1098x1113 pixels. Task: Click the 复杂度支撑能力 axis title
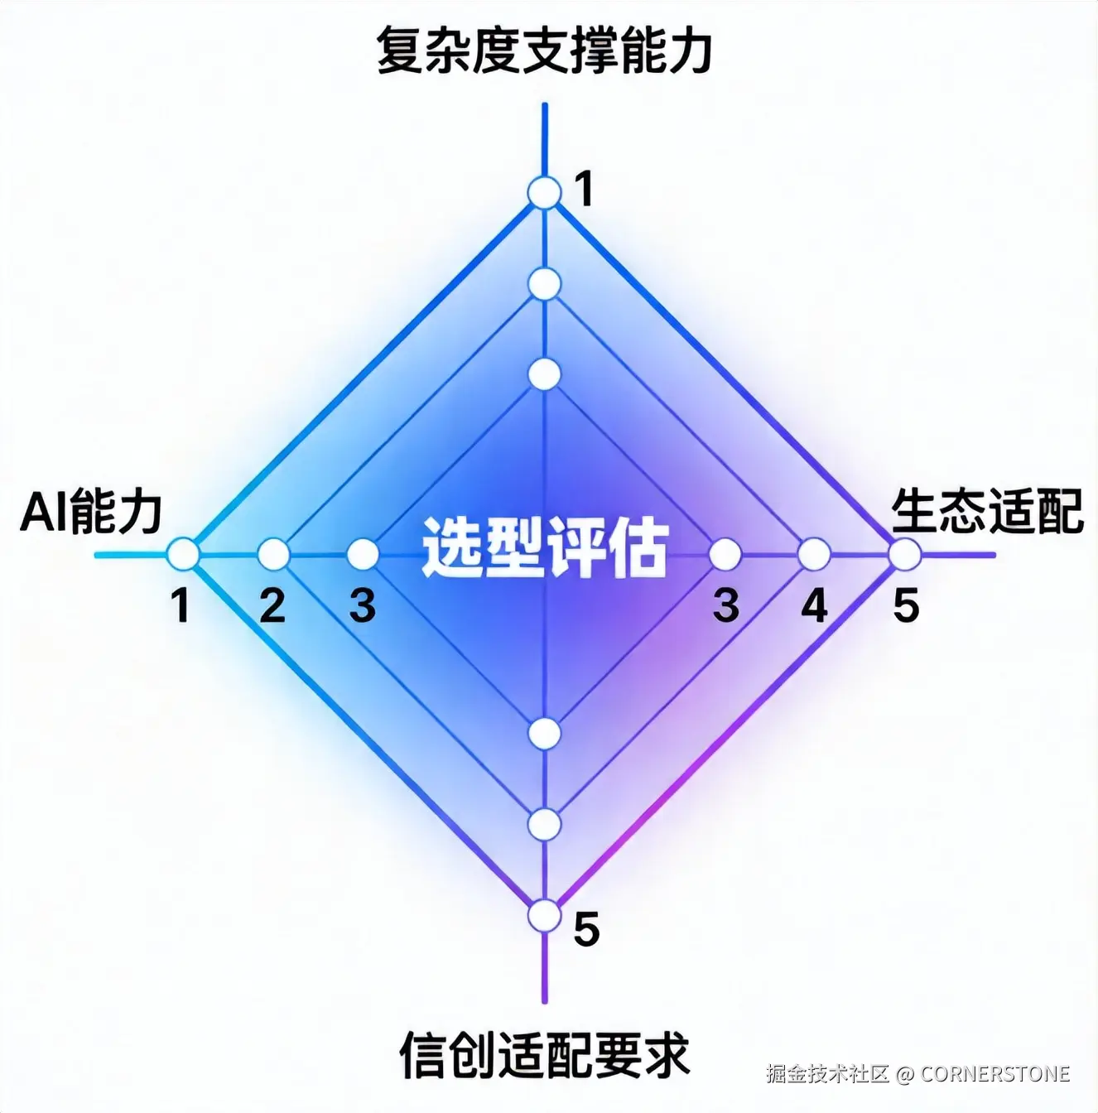(544, 51)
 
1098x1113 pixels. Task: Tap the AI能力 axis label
(91, 512)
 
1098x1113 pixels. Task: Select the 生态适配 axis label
(987, 512)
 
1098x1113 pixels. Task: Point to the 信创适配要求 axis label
(544, 1054)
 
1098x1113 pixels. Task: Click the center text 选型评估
(544, 547)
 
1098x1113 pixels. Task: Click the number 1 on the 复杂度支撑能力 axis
(585, 190)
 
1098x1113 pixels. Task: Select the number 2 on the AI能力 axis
(272, 606)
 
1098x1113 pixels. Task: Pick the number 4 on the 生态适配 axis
(814, 606)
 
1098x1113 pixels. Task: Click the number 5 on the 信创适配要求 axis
(586, 929)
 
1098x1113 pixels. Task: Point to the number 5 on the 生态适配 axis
(906, 606)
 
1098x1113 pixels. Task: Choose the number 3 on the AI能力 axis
(363, 606)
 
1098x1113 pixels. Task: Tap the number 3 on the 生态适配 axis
(725, 606)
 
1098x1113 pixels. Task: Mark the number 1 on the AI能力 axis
(181, 606)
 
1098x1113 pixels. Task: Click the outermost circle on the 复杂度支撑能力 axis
(544, 193)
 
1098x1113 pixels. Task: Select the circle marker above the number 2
(273, 554)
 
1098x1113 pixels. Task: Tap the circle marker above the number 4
(814, 554)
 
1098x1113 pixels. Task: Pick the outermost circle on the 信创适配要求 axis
(544, 916)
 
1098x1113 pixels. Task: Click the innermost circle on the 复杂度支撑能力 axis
(544, 374)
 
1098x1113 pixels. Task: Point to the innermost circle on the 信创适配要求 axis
(544, 734)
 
